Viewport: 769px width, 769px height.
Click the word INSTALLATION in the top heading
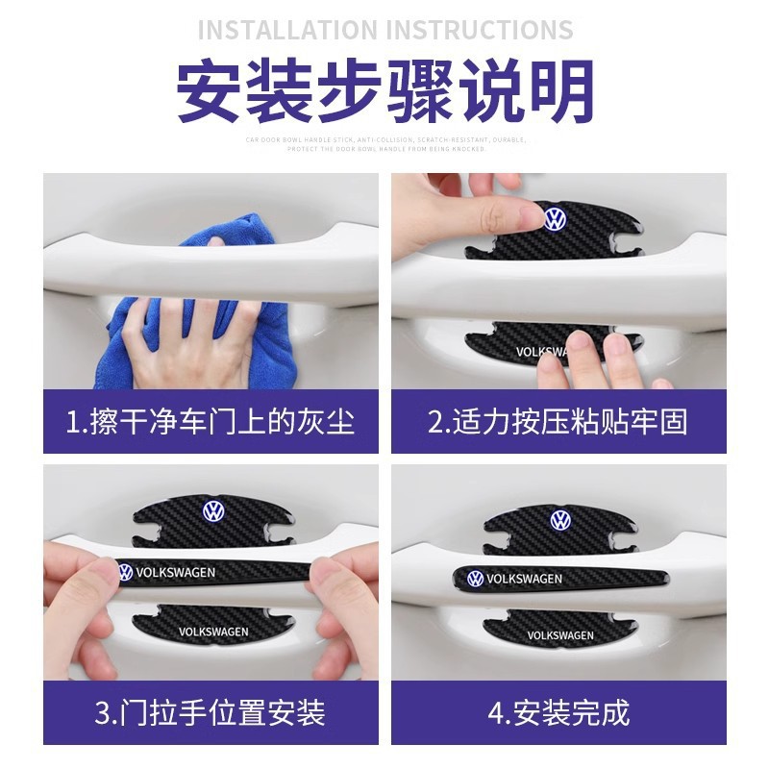click(x=287, y=28)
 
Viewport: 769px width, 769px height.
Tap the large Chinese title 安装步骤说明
click(x=384, y=92)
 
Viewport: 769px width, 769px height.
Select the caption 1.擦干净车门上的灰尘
click(x=210, y=421)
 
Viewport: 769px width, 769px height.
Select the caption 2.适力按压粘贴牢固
click(x=558, y=421)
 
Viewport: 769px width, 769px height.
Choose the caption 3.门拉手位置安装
click(x=210, y=712)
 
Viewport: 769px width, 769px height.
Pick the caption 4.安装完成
click(x=558, y=712)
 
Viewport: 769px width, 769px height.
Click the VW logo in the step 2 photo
click(x=556, y=218)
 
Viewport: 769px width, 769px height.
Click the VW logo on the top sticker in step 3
click(x=211, y=510)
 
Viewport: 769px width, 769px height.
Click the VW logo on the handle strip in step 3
click(x=125, y=573)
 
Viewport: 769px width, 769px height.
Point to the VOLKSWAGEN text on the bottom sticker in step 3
click(x=213, y=632)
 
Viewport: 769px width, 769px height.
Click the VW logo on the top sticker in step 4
click(x=560, y=520)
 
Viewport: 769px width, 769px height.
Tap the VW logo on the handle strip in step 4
click(x=475, y=579)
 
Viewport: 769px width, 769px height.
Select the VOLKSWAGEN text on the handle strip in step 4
click(x=524, y=579)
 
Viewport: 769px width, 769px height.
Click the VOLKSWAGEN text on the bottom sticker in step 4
click(x=560, y=635)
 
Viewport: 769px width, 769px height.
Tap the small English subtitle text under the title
click(x=384, y=144)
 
